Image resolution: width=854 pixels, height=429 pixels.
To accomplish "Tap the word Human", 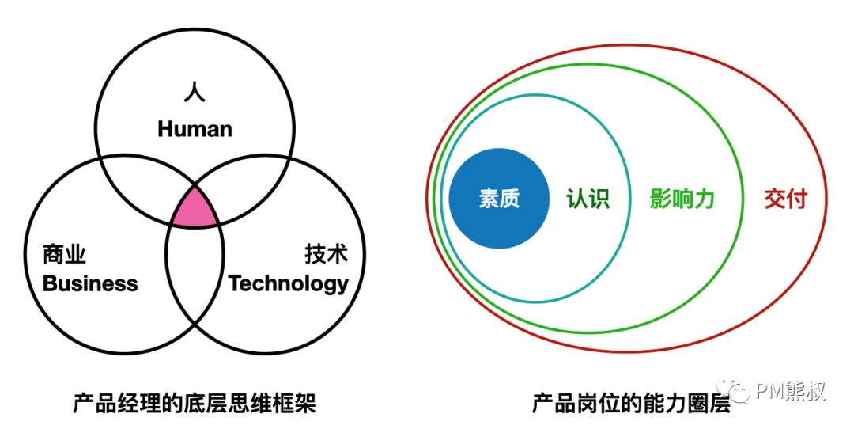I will (195, 129).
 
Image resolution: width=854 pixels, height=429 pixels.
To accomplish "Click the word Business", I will (90, 283).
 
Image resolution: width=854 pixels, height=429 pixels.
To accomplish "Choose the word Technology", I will (289, 283).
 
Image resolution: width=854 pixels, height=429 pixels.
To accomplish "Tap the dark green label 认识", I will (588, 198).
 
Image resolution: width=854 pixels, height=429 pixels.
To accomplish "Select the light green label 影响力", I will (682, 198).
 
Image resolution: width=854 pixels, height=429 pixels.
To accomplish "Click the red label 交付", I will (784, 198).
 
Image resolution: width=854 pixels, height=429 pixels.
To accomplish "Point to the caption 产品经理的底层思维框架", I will (195, 404).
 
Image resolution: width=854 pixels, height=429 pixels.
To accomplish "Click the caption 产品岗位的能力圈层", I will (630, 404).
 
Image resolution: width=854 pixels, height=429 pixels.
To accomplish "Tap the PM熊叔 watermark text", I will (790, 391).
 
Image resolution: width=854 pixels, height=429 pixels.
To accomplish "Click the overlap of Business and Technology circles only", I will (195, 269).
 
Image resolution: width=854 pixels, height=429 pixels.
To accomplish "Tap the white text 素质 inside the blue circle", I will (499, 198).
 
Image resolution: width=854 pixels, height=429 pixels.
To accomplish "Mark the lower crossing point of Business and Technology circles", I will (195, 323).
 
